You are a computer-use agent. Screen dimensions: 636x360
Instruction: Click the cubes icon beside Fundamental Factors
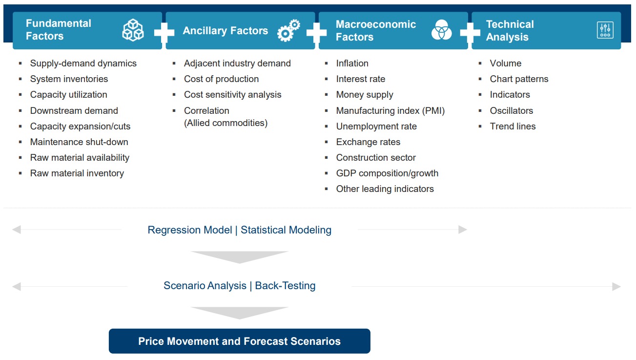pos(133,30)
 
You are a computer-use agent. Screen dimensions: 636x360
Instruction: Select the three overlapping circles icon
pos(442,30)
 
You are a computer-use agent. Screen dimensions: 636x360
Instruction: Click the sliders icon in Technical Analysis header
pos(605,30)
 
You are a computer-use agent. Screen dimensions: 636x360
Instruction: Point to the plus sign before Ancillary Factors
pos(164,33)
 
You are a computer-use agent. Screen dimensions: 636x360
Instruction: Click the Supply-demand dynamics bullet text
pos(83,63)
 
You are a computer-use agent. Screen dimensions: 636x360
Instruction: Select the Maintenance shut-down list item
pos(79,142)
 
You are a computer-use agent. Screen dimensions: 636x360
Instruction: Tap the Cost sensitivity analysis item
pos(232,95)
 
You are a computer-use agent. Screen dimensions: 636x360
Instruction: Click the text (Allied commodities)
pos(226,123)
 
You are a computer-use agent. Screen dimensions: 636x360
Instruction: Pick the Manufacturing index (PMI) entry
pos(390,110)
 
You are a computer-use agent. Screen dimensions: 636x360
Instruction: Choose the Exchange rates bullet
pos(368,142)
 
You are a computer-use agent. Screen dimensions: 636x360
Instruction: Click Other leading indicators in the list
pos(385,189)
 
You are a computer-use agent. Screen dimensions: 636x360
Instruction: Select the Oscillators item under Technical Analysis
pos(512,110)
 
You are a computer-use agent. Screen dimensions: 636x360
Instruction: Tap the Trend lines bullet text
pos(513,126)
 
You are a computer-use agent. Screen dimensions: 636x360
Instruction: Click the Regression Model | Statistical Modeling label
pos(239,230)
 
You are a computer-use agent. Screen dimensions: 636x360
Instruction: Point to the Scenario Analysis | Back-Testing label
pos(239,286)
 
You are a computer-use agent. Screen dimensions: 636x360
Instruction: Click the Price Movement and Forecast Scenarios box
pos(239,341)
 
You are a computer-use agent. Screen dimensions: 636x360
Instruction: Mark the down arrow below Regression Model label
pos(239,257)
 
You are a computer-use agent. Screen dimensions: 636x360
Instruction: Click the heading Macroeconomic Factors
pos(376,30)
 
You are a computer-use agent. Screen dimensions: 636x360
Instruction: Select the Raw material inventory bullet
pos(77,173)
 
